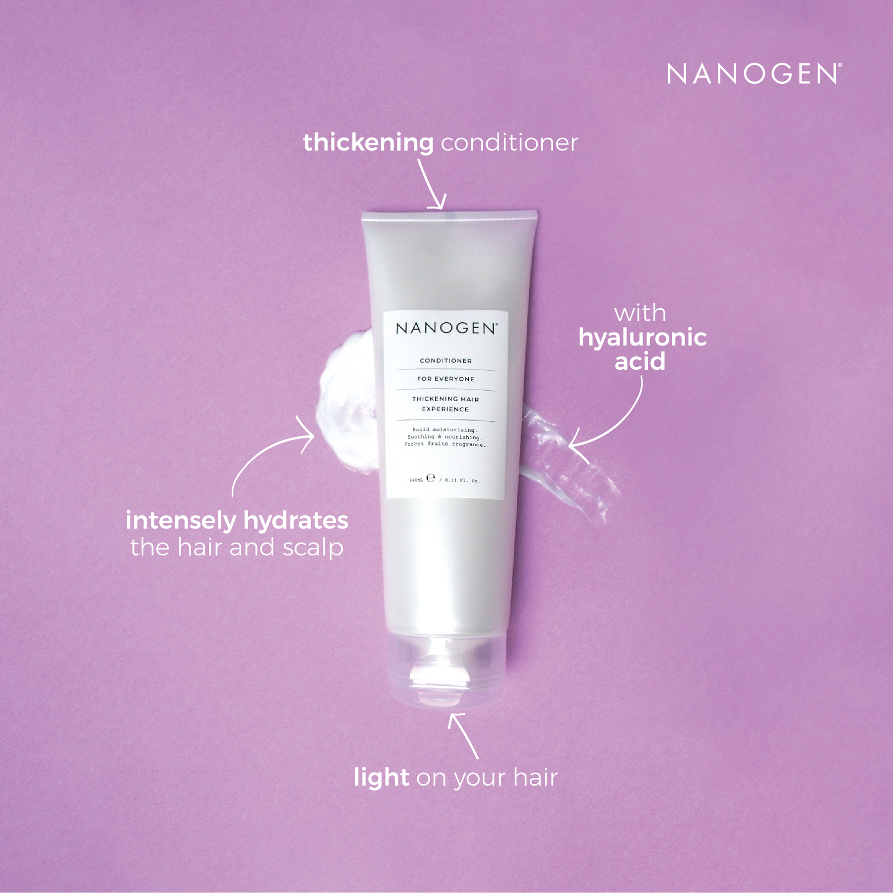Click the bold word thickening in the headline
click(368, 143)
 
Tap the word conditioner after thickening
click(509, 143)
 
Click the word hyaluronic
click(642, 338)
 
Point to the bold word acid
click(640, 361)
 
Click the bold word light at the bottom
click(381, 777)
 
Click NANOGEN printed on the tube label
click(446, 329)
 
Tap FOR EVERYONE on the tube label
click(446, 379)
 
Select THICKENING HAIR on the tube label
click(446, 399)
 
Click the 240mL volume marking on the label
click(416, 480)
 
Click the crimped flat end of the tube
click(449, 216)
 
